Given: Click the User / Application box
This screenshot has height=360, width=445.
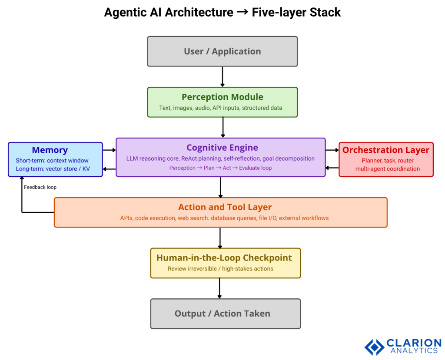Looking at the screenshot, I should coord(222,51).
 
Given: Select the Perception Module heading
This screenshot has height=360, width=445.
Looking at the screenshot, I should coord(222,97).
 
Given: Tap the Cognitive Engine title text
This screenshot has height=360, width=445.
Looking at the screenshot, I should coord(222,148).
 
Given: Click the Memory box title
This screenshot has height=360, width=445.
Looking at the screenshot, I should coord(50,150).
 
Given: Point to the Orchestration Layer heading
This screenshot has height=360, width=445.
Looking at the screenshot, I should coord(386,150).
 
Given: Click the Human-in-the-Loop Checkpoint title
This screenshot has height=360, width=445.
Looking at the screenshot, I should coord(224,258).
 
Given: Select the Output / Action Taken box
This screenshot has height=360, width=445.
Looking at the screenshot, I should coord(222,314).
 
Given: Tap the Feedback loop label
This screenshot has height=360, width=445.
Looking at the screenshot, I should coord(40,187).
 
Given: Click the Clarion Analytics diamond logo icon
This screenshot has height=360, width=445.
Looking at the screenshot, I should coord(374,347).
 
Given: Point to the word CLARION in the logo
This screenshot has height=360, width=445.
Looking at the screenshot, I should coord(413,343).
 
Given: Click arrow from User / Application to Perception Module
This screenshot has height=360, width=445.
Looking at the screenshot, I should coord(222,77).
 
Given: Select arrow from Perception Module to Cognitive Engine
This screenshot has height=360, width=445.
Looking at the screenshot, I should coord(222,127).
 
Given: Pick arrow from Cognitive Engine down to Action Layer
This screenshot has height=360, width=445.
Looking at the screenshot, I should coord(221,187).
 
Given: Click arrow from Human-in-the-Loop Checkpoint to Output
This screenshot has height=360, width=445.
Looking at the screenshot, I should coord(219,288).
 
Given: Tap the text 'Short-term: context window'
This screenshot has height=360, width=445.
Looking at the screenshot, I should coord(52,161).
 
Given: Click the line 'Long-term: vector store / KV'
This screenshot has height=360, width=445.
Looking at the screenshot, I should coord(53,169).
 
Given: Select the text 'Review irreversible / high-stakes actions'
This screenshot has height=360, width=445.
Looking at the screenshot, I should coord(220,269).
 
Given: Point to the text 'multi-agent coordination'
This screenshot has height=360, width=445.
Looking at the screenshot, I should coord(388,169).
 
